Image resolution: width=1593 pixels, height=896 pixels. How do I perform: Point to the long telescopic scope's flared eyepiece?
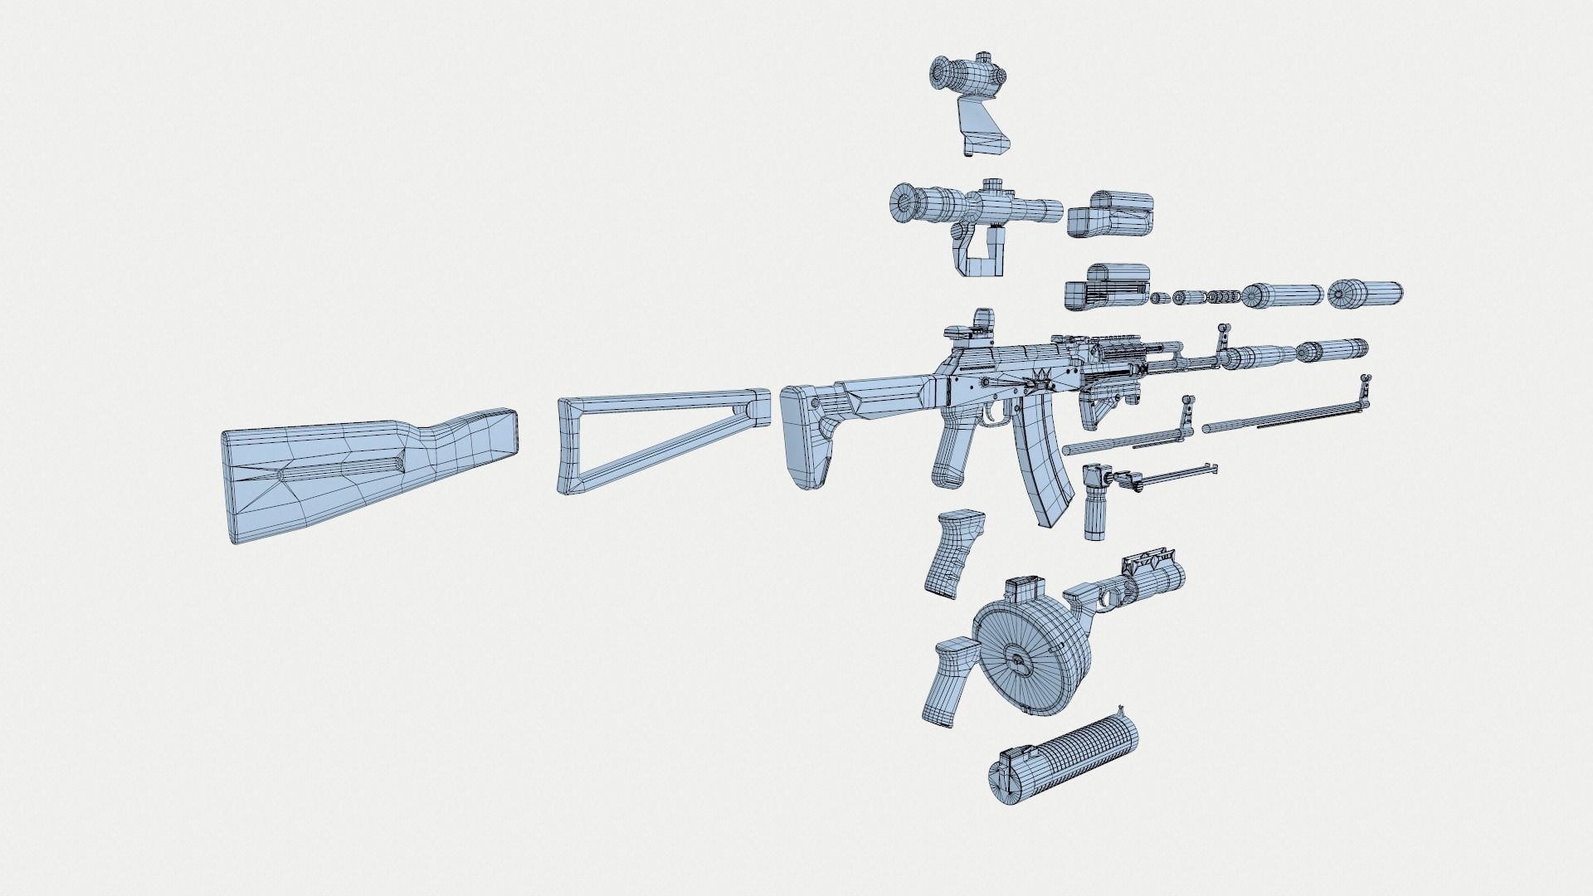(909, 202)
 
